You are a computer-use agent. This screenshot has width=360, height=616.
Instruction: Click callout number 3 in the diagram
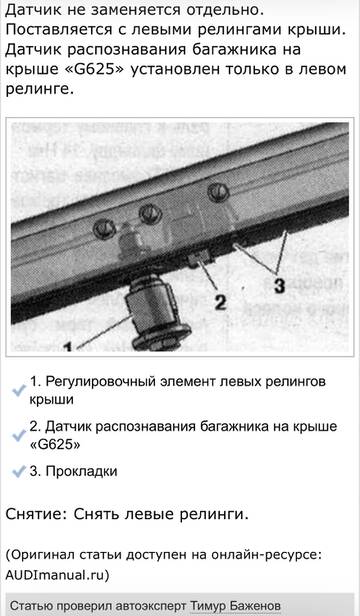coord(279,285)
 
